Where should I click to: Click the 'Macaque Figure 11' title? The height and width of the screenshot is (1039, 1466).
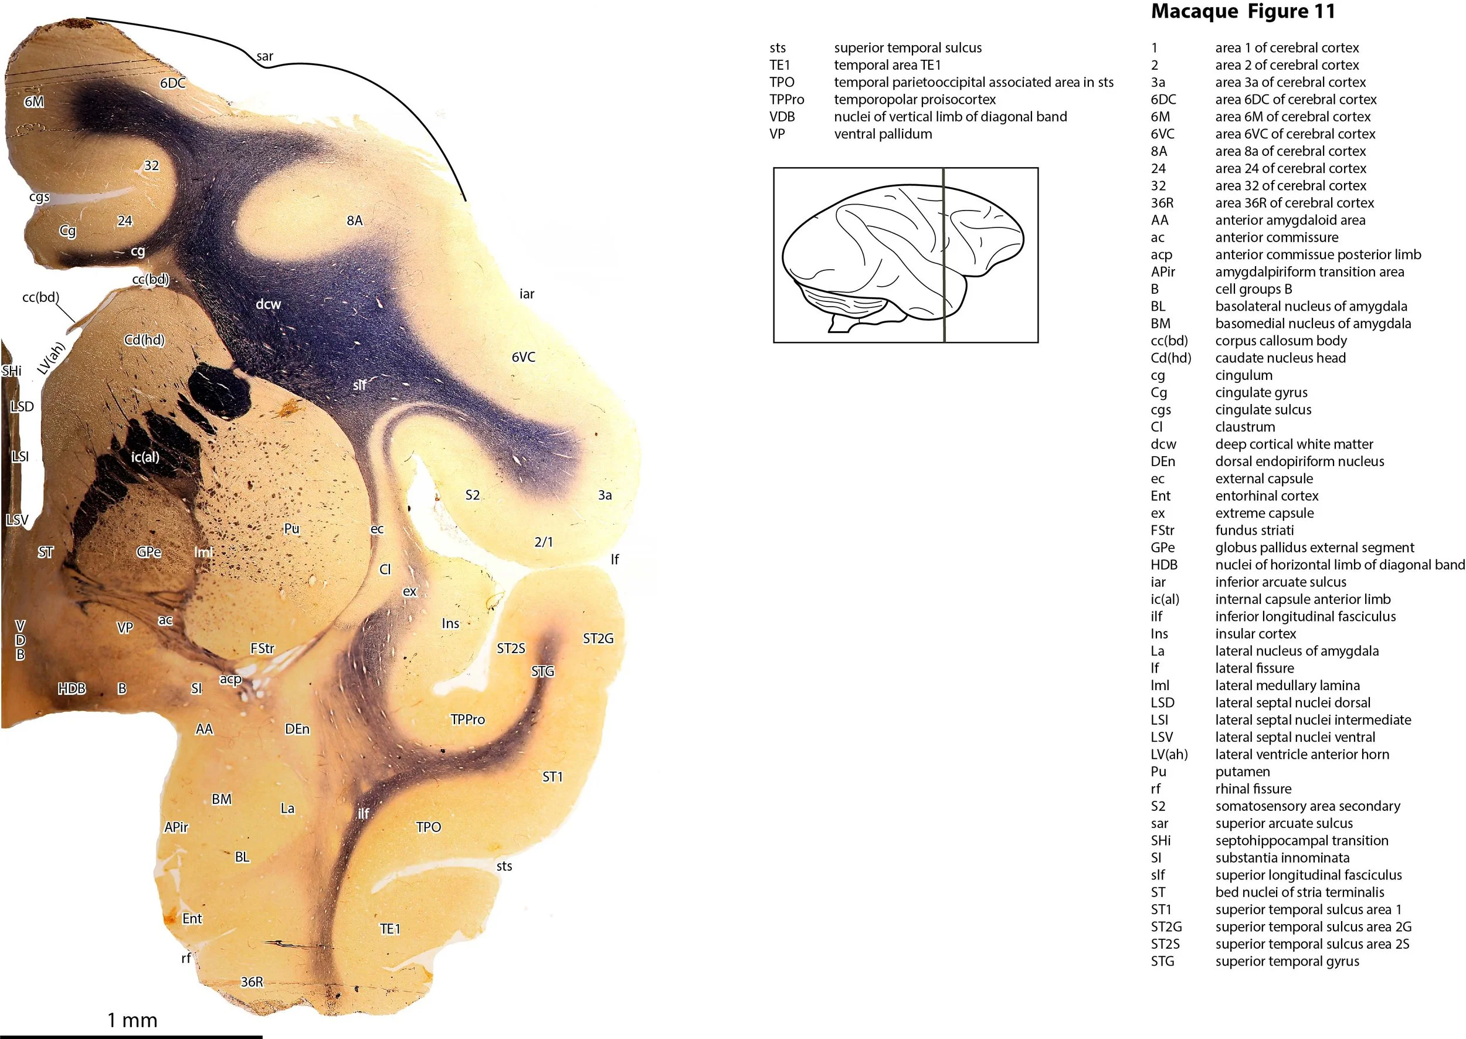click(1243, 12)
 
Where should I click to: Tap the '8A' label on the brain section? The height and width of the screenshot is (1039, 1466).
click(355, 220)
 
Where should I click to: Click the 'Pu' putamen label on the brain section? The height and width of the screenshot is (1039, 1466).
click(292, 528)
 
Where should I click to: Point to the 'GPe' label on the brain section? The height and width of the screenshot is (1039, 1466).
click(148, 552)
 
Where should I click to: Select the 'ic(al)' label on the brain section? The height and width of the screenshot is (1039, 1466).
click(145, 457)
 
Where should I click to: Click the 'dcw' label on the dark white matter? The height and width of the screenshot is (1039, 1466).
click(268, 304)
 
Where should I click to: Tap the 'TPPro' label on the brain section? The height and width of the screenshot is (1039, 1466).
click(468, 719)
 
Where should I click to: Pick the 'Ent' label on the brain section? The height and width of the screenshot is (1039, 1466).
click(192, 919)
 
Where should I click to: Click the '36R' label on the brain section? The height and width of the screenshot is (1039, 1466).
click(252, 982)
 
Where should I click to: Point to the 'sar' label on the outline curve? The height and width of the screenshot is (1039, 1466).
click(265, 56)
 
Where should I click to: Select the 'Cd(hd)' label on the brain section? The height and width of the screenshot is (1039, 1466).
click(145, 339)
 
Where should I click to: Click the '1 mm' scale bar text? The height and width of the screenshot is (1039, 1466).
click(132, 1020)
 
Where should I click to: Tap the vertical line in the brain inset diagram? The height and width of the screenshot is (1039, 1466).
click(944, 256)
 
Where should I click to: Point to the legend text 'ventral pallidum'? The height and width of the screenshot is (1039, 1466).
click(883, 134)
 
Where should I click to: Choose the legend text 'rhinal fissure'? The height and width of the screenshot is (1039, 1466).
click(1253, 789)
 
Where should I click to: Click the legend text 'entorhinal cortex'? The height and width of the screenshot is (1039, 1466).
click(1267, 496)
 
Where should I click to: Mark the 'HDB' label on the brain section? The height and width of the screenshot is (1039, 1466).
click(72, 688)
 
